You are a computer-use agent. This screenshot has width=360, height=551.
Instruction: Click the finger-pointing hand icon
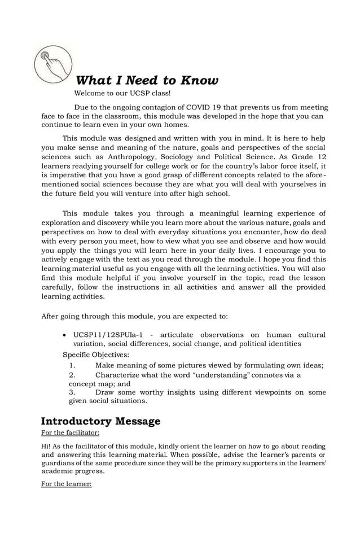click(53, 63)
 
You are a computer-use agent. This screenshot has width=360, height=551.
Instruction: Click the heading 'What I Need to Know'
click(147, 80)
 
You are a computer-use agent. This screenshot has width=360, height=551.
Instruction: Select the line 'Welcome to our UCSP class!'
click(122, 93)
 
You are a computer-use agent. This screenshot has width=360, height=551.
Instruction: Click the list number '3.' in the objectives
click(72, 392)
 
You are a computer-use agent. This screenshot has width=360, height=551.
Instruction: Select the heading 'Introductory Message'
click(101, 421)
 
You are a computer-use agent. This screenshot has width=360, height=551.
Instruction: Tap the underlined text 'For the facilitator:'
click(71, 433)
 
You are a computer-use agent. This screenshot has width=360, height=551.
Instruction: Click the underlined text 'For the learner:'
click(66, 484)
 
